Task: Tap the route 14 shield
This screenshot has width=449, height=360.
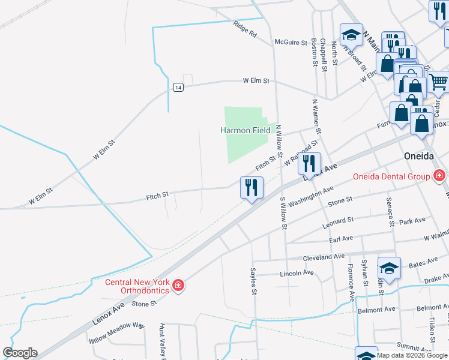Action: [178, 87]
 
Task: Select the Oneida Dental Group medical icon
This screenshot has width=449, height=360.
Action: [440, 176]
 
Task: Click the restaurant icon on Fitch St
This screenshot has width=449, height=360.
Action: [252, 188]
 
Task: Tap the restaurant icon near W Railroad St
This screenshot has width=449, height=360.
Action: [309, 163]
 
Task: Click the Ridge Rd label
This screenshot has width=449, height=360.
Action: [245, 29]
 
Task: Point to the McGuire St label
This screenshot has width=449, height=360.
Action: [291, 42]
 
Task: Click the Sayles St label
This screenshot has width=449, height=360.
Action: [254, 282]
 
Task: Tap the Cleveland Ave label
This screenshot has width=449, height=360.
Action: [324, 257]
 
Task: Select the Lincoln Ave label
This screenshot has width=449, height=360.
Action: [297, 273]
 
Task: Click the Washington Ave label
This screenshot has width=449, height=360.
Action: [310, 197]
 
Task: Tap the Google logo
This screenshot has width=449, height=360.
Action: [20, 353]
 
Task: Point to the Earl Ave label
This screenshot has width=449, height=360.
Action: [341, 239]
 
